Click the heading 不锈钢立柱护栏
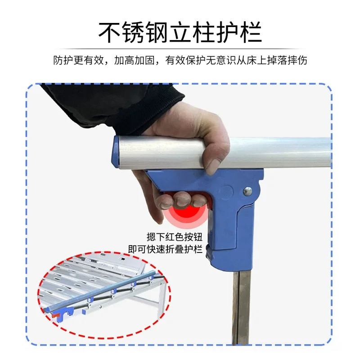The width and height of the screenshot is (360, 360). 180,32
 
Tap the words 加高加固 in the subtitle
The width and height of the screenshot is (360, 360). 134,60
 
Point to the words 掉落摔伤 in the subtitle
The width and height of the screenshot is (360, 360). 287,60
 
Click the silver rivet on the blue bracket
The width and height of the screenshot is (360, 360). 247,191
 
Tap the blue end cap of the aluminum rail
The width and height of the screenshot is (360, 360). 116,152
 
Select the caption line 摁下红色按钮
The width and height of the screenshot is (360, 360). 175,237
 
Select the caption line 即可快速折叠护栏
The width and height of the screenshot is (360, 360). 165,249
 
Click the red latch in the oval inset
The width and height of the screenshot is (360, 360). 54,315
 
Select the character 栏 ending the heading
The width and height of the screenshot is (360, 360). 251,32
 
